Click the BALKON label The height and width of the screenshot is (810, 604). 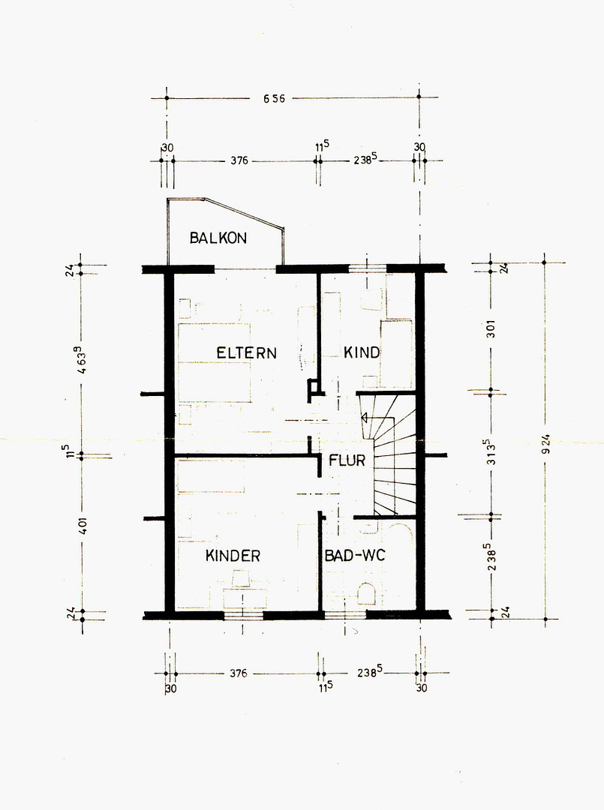click(218, 238)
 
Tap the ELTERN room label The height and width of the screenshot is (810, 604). click(246, 353)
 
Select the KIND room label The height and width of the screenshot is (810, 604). click(362, 352)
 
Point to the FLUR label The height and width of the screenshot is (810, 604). click(347, 460)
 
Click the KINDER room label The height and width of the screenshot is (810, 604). click(233, 556)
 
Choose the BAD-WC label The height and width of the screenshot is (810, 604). click(355, 556)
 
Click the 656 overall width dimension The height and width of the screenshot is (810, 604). click(275, 98)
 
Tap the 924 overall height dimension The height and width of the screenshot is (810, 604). click(546, 445)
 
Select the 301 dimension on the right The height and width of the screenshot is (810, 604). click(491, 329)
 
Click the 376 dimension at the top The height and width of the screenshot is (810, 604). click(239, 160)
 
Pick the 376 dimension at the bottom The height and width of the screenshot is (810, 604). click(238, 673)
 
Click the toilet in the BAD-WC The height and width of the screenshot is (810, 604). click(367, 593)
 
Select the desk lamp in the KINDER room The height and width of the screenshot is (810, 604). click(241, 578)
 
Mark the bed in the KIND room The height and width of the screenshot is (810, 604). click(396, 354)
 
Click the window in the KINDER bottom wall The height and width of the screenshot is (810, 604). click(243, 615)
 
